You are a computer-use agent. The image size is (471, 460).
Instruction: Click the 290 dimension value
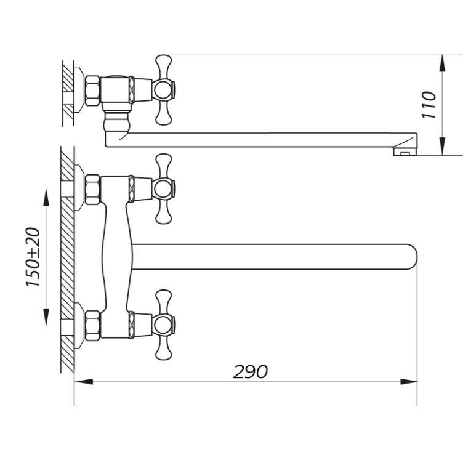coord(250,372)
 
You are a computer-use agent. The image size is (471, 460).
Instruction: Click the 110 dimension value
coord(429,105)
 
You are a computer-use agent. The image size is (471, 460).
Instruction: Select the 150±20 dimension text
coord(33,257)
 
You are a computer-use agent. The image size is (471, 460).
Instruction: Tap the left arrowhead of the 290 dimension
coord(84,382)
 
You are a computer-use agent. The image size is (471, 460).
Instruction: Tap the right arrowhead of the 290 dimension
coord(409,382)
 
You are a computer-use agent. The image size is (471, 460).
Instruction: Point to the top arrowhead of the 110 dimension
coord(443,63)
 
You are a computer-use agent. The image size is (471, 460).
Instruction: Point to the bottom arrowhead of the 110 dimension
coord(443,147)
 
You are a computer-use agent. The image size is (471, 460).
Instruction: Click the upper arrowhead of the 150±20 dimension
coord(46,197)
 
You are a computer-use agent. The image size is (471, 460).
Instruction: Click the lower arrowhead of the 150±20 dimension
coord(46,317)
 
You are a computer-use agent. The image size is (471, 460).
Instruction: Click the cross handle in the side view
coord(164,90)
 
